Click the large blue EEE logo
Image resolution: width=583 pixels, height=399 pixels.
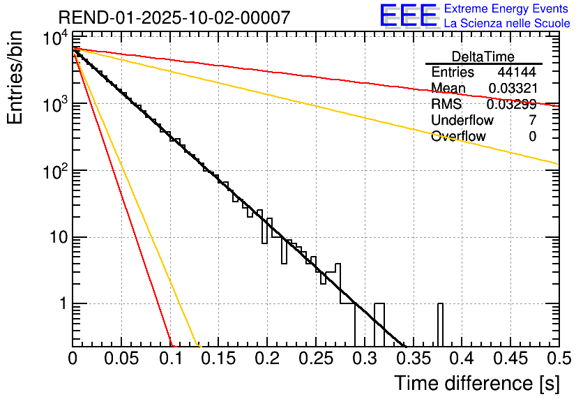click(408, 17)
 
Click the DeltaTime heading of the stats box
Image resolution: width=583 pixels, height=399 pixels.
click(483, 57)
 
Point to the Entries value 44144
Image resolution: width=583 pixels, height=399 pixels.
click(517, 73)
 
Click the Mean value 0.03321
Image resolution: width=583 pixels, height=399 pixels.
click(512, 89)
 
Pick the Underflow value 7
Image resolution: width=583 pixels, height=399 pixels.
click(532, 121)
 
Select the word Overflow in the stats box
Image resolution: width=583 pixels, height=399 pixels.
click(458, 137)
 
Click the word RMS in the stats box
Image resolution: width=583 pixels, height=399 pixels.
click(446, 105)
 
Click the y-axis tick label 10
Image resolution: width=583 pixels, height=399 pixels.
click(54, 238)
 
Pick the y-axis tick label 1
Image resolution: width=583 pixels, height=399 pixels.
click(61, 304)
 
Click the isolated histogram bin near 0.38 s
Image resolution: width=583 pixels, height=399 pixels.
click(441, 325)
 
